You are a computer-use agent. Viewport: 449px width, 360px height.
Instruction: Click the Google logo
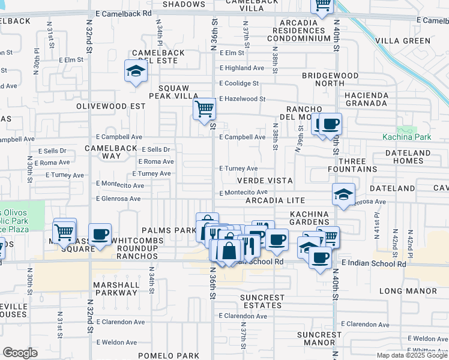point(20,353)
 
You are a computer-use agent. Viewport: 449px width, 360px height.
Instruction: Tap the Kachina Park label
point(407,137)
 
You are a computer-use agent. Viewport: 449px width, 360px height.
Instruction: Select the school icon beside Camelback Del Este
point(136,72)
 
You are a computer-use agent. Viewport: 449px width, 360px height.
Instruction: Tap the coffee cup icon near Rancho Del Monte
point(330,125)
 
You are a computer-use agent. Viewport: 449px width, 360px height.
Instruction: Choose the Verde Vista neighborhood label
point(265,181)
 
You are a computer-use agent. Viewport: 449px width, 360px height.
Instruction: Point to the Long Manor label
point(408,291)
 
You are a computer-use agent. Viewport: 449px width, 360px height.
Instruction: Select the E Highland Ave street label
point(242,68)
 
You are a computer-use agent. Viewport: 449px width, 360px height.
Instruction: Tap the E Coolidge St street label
point(239,83)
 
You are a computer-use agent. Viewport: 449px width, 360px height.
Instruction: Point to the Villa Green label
point(403,41)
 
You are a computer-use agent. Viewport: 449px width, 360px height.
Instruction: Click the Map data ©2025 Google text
point(412,355)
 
